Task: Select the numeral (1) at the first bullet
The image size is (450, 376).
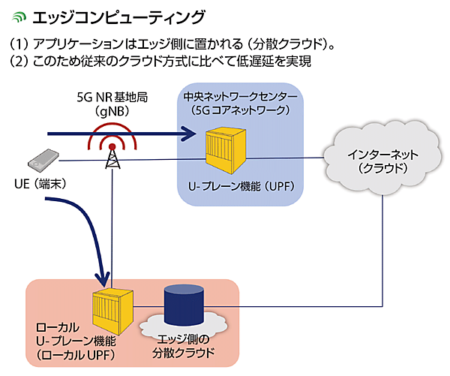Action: tap(19, 44)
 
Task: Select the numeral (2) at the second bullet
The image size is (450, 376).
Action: tap(19, 62)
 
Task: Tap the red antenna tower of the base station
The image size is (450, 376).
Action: tap(112, 154)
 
